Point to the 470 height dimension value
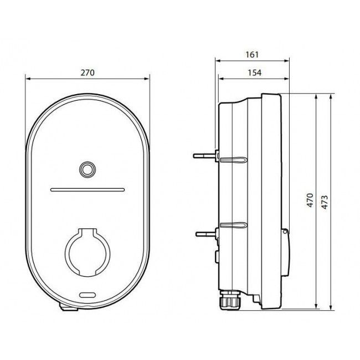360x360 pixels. pyautogui.click(x=310, y=200)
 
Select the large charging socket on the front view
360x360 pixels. pyautogui.click(x=87, y=252)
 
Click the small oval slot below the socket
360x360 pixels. pyautogui.click(x=88, y=294)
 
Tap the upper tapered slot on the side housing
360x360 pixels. pyautogui.click(x=233, y=160)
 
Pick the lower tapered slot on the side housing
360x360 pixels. pyautogui.click(x=233, y=225)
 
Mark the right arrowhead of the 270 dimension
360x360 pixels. pyautogui.click(x=148, y=79)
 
